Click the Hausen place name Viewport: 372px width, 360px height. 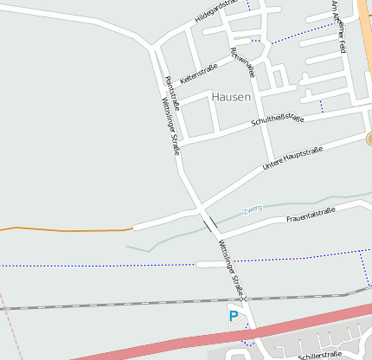pos(231,97)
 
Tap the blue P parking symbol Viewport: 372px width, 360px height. pos(233,317)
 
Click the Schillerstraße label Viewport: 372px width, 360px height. pos(319,355)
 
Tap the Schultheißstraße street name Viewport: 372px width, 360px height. pos(277,119)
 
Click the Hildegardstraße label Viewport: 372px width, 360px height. pos(215,10)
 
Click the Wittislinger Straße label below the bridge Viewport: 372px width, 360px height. pos(231,265)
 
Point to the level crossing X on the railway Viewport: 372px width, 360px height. pos(245,299)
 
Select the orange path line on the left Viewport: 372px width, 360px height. pos(69,229)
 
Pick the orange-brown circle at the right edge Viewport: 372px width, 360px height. pos(369,138)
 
